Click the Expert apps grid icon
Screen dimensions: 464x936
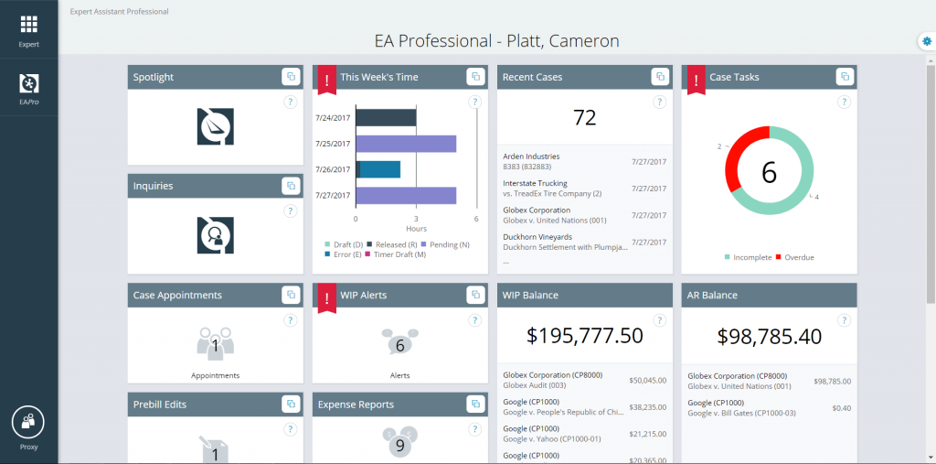pos(28,25)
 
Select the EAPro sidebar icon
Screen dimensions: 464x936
pos(28,84)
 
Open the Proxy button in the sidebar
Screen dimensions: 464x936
pos(28,422)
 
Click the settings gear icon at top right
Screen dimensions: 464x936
pos(927,41)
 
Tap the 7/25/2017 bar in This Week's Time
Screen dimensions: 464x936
pos(406,144)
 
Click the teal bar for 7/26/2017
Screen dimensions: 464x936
pos(380,169)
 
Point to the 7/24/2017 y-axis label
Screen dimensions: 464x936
pos(332,117)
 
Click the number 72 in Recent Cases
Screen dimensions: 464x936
pos(584,116)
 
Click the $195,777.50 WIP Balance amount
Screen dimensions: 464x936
pos(584,335)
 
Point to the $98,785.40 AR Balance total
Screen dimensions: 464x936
pos(769,335)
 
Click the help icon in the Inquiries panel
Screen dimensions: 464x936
pos(290,210)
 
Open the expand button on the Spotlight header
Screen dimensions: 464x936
pos(290,77)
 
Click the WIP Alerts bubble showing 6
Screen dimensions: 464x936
pos(399,344)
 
